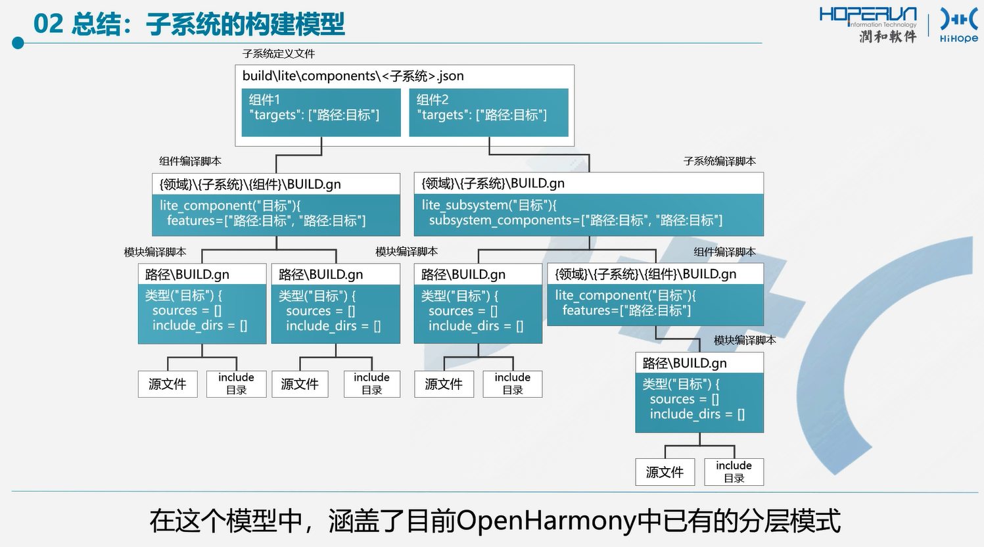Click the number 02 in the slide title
49,24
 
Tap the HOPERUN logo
868,25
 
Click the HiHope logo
959,25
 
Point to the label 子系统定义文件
279,54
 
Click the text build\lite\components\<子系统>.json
353,76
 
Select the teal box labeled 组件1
321,112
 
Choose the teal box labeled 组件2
488,112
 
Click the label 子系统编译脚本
720,161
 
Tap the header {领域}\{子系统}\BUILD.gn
493,183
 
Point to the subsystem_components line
575,220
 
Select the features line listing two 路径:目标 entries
266,220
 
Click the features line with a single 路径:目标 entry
627,310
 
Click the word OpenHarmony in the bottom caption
546,521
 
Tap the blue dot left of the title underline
18,43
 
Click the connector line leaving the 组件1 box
298,155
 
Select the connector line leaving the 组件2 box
539,155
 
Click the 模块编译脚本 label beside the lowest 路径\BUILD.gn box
745,340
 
